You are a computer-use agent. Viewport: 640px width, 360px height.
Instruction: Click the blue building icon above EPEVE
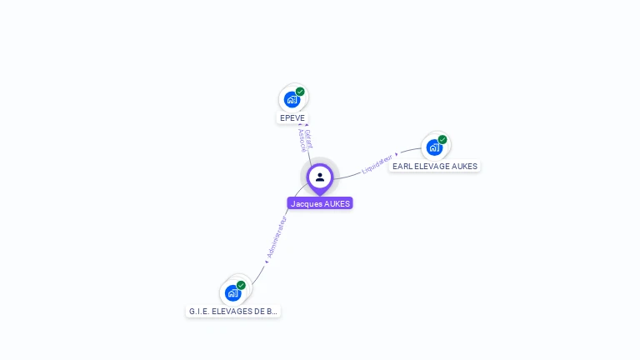[x=292, y=100]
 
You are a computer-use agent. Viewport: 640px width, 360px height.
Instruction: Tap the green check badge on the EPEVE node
[x=300, y=92]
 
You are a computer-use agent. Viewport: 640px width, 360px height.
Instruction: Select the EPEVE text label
[x=292, y=118]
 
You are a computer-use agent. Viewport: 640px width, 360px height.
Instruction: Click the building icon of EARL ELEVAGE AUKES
[x=434, y=147]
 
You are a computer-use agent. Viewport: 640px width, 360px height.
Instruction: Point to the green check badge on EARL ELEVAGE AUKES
[x=442, y=140]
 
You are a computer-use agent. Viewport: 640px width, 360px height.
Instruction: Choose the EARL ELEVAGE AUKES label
[x=435, y=166]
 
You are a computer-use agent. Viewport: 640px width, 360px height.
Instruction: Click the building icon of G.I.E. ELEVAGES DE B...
[x=232, y=293]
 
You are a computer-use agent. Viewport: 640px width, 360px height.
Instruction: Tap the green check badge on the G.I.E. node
[x=241, y=285]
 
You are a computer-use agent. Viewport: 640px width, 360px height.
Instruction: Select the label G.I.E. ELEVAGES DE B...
[x=232, y=311]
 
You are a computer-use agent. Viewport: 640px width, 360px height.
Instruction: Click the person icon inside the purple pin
[x=320, y=177]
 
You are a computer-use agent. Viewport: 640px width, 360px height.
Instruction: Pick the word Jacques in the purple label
[x=306, y=203]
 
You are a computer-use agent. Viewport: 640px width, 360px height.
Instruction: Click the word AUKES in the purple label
[x=337, y=203]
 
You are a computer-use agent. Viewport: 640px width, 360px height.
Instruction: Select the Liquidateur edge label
[x=377, y=163]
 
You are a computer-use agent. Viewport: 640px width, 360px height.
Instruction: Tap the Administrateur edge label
[x=277, y=237]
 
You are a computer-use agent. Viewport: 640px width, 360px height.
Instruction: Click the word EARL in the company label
[x=402, y=166]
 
